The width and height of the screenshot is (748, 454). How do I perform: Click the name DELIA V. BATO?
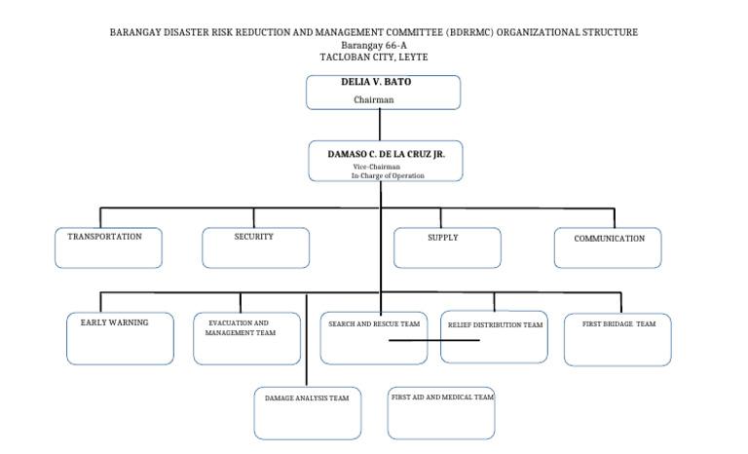(376, 83)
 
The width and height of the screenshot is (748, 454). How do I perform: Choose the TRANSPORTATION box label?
(104, 237)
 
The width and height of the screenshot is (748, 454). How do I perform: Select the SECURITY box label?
(254, 237)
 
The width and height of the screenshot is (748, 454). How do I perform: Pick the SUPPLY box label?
(443, 238)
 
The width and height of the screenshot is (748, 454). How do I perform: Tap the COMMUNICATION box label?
(609, 239)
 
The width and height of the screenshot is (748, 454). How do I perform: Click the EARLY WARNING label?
(114, 322)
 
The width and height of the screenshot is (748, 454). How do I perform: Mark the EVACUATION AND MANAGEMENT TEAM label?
(240, 327)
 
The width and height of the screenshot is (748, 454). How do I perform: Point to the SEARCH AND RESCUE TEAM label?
(374, 323)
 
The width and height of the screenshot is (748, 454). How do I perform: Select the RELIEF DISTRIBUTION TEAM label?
(495, 324)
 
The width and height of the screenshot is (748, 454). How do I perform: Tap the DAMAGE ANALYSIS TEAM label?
(307, 398)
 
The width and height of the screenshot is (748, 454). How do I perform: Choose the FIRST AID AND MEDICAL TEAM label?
(442, 397)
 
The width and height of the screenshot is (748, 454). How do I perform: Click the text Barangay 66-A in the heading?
(374, 46)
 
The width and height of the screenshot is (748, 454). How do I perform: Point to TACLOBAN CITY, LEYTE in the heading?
(374, 57)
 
